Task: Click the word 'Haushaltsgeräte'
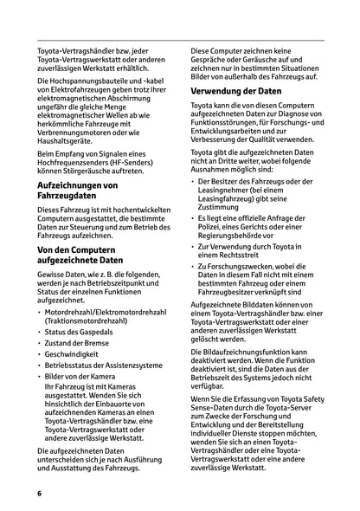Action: point(67,132)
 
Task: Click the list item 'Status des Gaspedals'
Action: point(84,334)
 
